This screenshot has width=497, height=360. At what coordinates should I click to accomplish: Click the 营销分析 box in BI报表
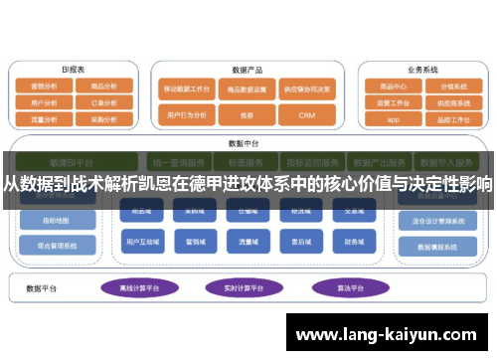[x=44, y=87]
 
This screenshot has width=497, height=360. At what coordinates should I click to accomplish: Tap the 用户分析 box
[x=44, y=102]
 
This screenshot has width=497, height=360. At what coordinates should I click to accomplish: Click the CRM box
[x=305, y=115]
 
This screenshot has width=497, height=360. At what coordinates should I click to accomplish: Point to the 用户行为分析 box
[x=187, y=115]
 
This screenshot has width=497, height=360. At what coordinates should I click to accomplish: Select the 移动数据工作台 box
[x=187, y=89]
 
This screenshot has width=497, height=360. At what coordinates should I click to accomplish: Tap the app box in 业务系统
[x=394, y=118]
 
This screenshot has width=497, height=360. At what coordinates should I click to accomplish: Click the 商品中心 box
[x=394, y=87]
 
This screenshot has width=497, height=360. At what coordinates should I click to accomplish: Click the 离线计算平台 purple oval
[x=139, y=287]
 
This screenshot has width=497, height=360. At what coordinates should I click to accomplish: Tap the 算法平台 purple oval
[x=343, y=287]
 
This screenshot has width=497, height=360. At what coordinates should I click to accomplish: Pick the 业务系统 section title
[x=421, y=71]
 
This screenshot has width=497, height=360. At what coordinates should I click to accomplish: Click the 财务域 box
[x=354, y=240]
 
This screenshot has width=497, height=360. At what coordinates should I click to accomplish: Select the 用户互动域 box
[x=139, y=240]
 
